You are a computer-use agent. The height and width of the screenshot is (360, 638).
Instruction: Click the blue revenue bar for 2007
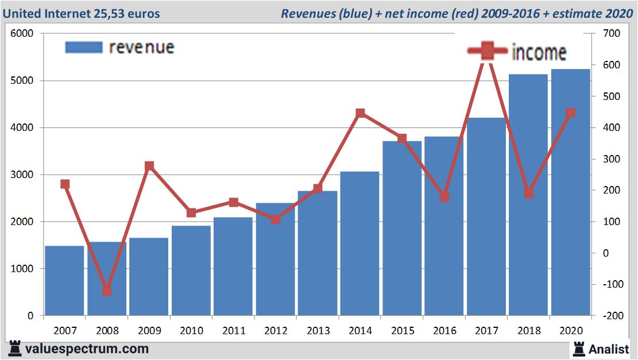[64, 281]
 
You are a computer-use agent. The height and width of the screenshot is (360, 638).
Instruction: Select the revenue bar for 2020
[571, 192]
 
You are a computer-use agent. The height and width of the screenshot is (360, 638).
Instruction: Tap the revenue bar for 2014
[359, 243]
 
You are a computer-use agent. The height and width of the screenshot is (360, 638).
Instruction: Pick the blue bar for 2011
[233, 266]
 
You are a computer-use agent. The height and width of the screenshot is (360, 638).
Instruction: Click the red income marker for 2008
[107, 291]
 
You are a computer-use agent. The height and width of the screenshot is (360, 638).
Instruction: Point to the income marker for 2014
[360, 113]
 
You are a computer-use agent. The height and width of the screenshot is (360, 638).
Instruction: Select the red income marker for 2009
[149, 166]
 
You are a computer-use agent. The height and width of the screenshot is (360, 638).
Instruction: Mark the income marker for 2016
[444, 197]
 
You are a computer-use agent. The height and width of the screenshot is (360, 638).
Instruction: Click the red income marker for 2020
[571, 113]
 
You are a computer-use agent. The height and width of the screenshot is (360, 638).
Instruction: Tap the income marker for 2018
[529, 193]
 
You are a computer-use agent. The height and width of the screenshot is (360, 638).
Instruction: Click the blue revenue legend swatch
[84, 47]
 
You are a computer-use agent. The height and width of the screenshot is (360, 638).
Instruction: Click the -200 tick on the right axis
[609, 316]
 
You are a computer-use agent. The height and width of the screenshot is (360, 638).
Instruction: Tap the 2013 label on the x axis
[318, 331]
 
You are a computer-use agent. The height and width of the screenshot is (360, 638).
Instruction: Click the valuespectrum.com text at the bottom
[87, 349]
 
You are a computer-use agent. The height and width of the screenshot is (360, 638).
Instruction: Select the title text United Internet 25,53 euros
[82, 13]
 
